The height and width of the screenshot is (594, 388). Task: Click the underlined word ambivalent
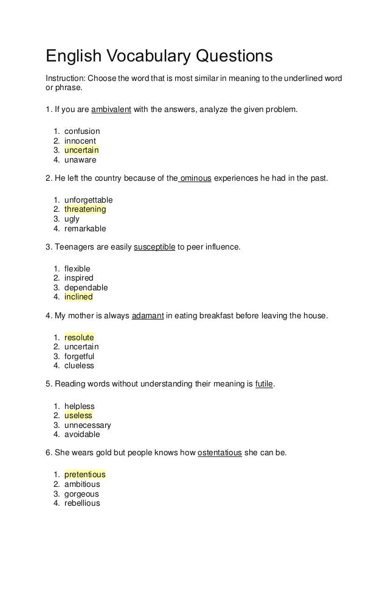point(107,110)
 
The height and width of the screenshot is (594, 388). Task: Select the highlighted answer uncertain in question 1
point(81,150)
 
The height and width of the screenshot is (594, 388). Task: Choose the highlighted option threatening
point(85,209)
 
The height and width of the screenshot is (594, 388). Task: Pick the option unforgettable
point(88,200)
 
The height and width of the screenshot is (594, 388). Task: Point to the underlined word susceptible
point(154,248)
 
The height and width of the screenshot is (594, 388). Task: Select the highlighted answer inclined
point(78,297)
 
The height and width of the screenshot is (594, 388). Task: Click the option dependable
point(86,287)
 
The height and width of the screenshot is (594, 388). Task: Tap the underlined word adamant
point(148,316)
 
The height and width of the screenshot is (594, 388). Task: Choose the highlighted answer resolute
point(79,337)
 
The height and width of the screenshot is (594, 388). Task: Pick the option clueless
point(79,366)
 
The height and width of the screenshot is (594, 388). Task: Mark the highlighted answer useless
point(78,415)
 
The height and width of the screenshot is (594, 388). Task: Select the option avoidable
point(82,435)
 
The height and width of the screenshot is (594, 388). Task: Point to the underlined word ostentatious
point(220,453)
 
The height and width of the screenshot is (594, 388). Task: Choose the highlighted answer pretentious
point(85,474)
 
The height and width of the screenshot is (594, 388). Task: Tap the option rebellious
point(82,503)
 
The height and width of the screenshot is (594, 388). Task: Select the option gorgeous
point(81,494)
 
